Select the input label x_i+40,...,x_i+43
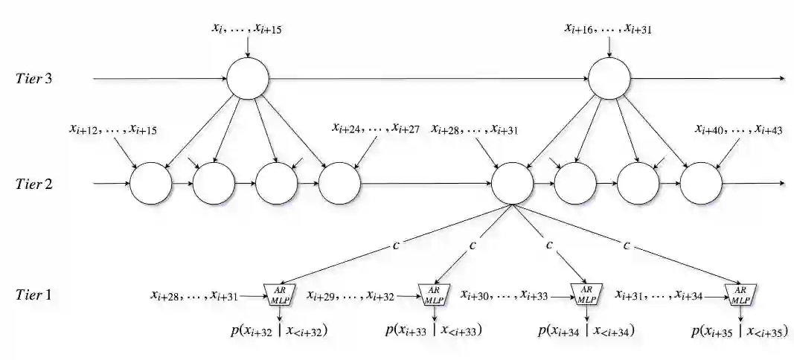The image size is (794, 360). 738,129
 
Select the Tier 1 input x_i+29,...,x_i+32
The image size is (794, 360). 352,296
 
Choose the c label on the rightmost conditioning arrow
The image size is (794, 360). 627,245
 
